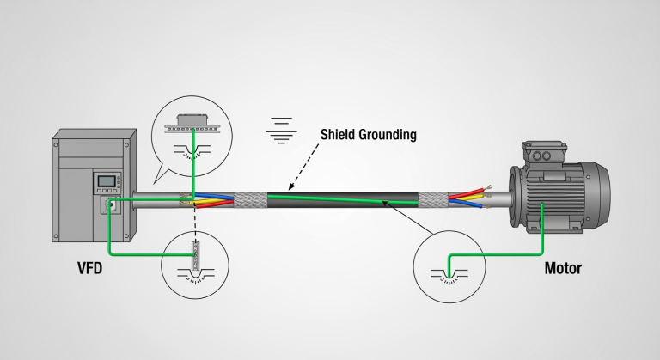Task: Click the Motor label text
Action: click(563, 268)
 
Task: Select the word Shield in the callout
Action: click(339, 134)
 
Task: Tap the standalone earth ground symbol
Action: click(281, 126)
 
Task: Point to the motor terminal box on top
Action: click(542, 155)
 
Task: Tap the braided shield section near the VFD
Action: click(250, 199)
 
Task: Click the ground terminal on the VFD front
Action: click(109, 205)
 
